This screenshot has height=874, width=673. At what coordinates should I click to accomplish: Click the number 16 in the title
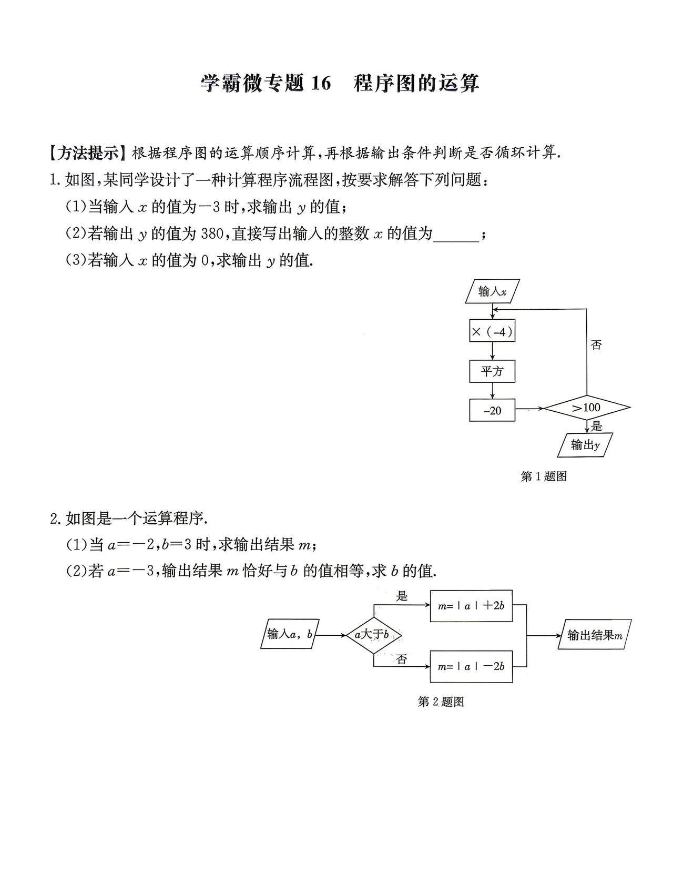pos(320,84)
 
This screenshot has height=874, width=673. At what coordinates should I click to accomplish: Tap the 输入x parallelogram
pos(492,291)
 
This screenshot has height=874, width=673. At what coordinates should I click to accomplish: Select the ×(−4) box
pos(492,331)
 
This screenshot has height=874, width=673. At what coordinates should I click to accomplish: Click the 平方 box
pos(492,371)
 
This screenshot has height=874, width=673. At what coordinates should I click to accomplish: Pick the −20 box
pos(492,410)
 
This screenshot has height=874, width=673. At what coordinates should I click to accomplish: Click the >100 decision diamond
pos(587,408)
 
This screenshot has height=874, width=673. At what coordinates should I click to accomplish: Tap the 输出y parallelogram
pos(585,445)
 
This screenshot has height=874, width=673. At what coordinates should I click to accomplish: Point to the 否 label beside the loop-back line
pos(596,344)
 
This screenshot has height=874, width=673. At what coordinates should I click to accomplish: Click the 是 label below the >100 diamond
pos(596,426)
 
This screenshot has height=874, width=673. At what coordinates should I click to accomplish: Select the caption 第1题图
pos(544,476)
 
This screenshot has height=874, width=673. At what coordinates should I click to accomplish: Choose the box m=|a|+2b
pos(471,606)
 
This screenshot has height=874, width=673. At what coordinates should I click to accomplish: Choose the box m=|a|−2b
pos(471,666)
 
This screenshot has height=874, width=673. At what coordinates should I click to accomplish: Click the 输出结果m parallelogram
pos(595,634)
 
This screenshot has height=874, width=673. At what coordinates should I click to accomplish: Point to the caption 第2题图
pos(441,702)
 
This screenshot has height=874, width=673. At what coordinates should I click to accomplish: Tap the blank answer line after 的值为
pos(456,240)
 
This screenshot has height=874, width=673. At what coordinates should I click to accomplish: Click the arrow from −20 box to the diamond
pos(529,409)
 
